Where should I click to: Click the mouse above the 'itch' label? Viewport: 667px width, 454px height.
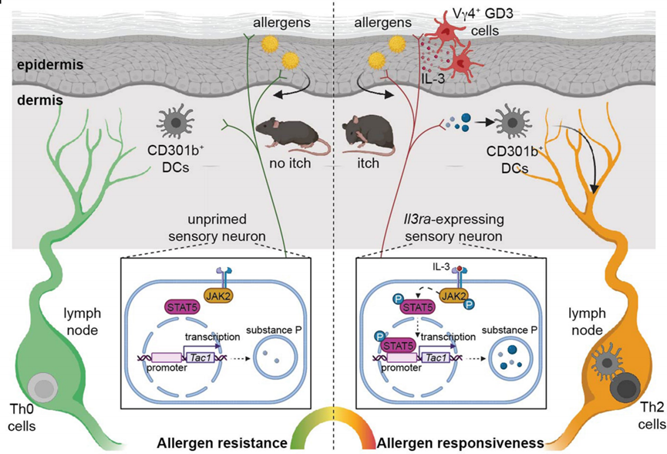click(368, 135)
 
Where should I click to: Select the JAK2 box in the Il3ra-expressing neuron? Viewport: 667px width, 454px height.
click(453, 295)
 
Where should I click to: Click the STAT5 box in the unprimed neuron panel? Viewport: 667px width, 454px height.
click(183, 307)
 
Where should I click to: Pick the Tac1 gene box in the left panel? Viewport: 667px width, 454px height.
click(200, 357)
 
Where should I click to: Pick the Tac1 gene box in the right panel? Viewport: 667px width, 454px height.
click(435, 357)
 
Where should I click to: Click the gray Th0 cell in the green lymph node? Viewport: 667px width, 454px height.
click(43, 388)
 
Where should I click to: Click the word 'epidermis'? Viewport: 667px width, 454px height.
click(50, 65)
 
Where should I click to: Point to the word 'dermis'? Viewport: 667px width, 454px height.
click(40, 100)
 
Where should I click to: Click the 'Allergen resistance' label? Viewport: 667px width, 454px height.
click(221, 443)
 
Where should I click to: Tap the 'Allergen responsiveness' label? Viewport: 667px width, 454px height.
click(460, 443)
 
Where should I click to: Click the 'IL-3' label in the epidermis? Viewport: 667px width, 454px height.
click(433, 78)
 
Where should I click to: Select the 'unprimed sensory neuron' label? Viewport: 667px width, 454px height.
click(217, 228)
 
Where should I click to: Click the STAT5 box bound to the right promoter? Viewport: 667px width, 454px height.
click(398, 345)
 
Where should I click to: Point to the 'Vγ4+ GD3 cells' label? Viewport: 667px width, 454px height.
click(483, 22)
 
